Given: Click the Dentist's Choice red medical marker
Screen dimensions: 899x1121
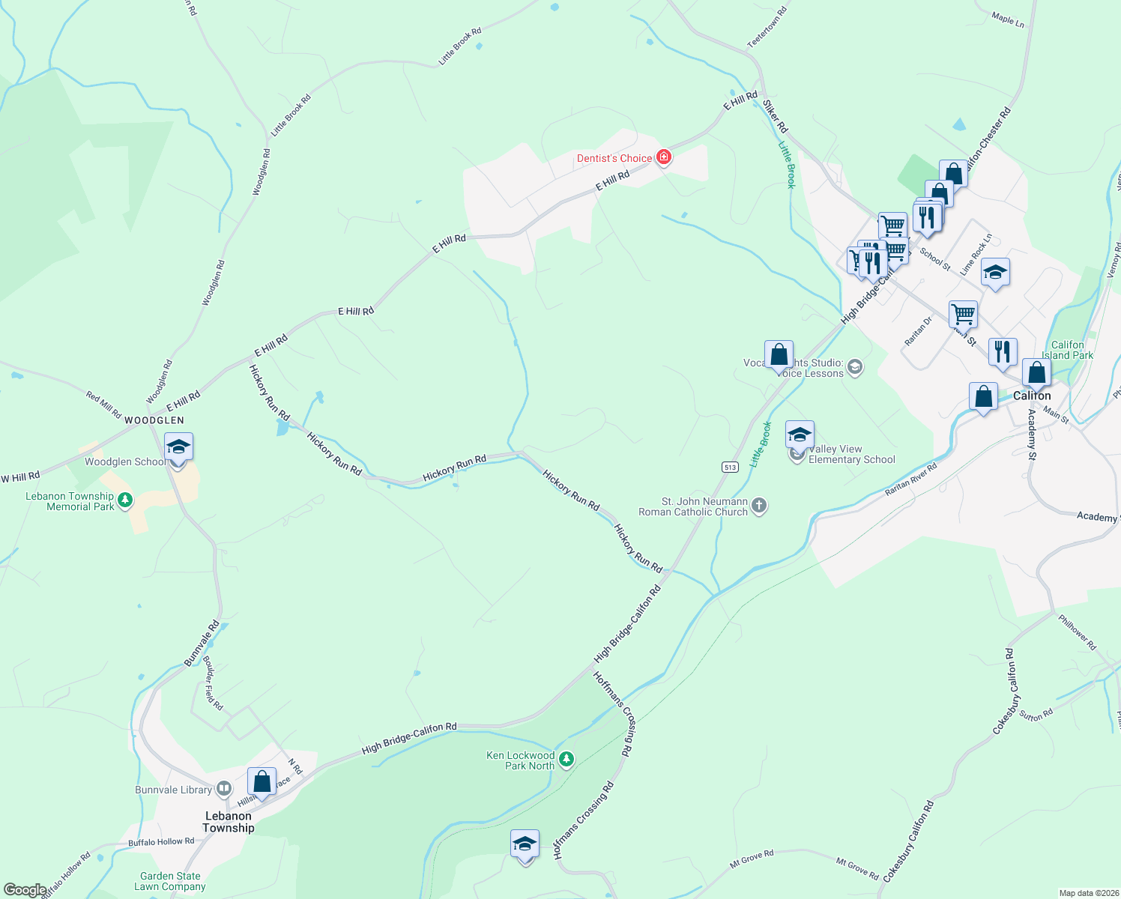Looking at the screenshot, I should click(x=663, y=157).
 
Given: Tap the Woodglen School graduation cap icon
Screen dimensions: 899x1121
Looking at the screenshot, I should click(x=178, y=448).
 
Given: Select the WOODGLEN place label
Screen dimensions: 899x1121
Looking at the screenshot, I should click(x=154, y=420).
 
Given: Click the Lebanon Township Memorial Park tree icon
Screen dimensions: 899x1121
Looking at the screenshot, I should click(x=125, y=499).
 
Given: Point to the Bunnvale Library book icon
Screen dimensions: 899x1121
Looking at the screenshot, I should click(x=223, y=789).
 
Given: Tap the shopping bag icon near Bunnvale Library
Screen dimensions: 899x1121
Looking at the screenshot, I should click(x=262, y=781).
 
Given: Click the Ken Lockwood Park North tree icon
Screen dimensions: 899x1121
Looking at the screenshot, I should click(x=566, y=760).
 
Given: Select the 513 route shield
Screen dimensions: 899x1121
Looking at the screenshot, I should click(x=731, y=467).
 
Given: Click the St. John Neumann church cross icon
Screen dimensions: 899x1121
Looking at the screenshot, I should click(x=758, y=506).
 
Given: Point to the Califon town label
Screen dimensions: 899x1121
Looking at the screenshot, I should click(x=1032, y=396).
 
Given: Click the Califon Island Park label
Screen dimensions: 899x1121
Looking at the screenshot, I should click(x=1068, y=350).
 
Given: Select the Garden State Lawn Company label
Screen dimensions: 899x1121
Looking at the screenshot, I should click(x=170, y=881).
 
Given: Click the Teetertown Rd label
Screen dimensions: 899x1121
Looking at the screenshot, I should click(x=767, y=28).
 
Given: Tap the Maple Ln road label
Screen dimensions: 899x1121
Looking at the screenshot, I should click(x=1008, y=19).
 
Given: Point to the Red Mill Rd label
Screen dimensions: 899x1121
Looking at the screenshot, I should click(x=103, y=405).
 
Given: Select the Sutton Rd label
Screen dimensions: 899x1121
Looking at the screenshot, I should click(x=1036, y=715).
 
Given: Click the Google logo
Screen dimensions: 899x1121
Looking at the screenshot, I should click(x=24, y=890).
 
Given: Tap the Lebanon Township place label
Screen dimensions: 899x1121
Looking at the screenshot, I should click(x=229, y=822).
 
